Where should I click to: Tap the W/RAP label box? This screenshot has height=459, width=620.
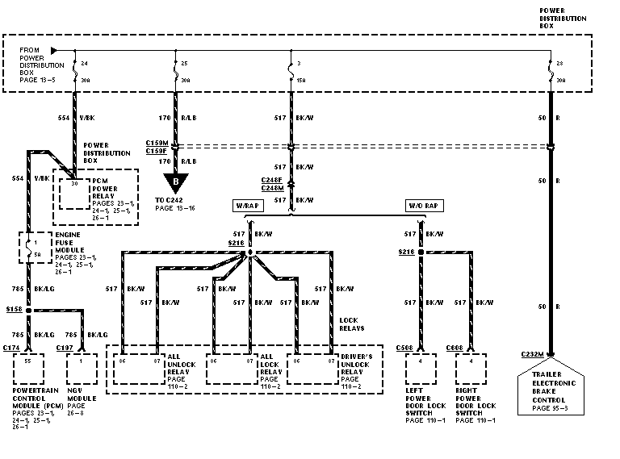pos(247,205)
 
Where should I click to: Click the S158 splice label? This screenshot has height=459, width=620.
pos(14,308)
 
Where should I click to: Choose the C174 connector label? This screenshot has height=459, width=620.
pos(11,347)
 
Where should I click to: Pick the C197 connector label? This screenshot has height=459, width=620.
pos(65,347)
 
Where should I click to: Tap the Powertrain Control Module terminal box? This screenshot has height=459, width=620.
pos(29,367)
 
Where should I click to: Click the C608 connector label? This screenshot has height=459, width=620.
pos(456,347)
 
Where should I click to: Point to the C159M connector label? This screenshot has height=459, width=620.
pos(157,143)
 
